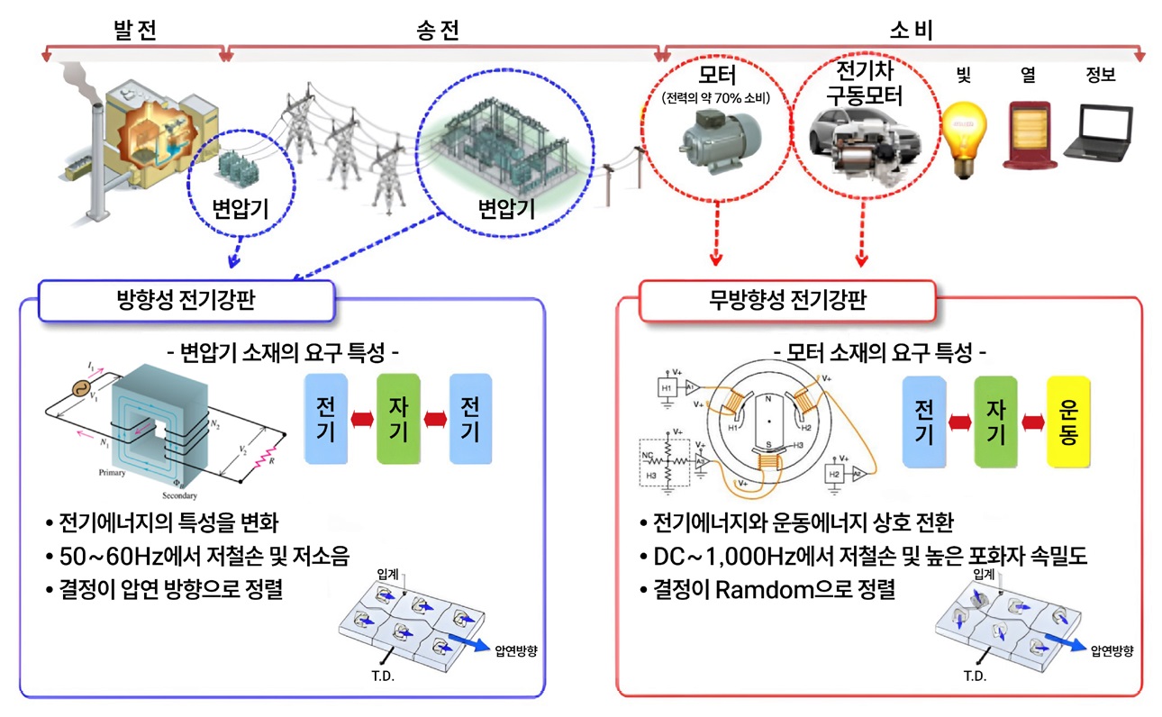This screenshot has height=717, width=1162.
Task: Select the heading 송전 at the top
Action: (441, 30)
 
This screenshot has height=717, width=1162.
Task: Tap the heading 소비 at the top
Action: (911, 30)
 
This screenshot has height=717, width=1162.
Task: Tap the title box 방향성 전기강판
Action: (186, 300)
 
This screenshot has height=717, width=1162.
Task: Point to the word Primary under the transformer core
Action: (113, 472)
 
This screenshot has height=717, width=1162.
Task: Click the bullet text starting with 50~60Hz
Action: (195, 555)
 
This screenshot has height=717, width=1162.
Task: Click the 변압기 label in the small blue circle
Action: (241, 209)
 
